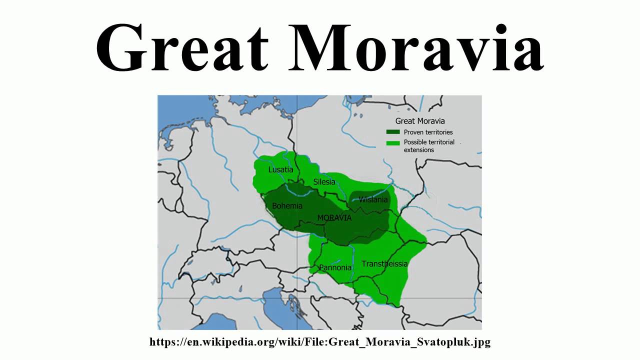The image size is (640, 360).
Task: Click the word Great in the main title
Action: coord(182,47)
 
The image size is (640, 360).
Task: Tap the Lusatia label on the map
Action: coord(280,169)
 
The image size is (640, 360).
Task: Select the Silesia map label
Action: coord(324,182)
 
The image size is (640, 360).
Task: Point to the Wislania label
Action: coord(373,199)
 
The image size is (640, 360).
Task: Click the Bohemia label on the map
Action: coord(287,206)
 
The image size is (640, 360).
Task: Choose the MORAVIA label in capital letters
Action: coord(334,218)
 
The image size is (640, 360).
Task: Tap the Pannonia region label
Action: coord(335,267)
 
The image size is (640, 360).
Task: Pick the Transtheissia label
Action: coord(384,263)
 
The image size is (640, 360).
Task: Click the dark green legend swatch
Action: coord(393,132)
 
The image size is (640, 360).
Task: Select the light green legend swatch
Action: coord(393,142)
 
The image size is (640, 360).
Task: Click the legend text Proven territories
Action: coord(428,132)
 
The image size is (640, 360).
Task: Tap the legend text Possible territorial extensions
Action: coord(429,146)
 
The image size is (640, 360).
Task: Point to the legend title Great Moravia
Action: coord(420,120)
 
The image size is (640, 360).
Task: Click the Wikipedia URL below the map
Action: coord(320,342)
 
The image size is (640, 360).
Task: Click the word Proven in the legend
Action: coord(414,132)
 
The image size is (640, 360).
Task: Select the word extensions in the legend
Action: coord(419,150)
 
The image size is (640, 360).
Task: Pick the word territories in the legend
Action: coord(439,132)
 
